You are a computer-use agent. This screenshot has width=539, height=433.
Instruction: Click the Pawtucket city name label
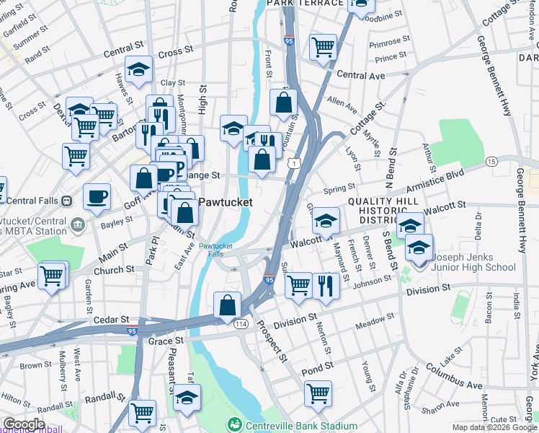coord(225,203)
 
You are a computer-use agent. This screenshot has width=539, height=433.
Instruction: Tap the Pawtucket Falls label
coord(215,250)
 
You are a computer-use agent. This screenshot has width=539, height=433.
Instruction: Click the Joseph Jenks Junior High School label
coord(474,261)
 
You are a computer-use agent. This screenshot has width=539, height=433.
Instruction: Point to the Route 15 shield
coord(491,162)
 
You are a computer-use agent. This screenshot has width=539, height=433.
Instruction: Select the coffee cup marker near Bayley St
coord(97,197)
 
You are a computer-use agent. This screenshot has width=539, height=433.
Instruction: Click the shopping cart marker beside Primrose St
coord(324,47)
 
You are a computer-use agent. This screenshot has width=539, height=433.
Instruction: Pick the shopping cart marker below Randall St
coord(142,413)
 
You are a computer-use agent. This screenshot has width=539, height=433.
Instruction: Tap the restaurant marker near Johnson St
coord(326,286)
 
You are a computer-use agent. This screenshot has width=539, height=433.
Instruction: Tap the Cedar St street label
coord(114,319)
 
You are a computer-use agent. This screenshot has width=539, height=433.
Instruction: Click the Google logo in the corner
coord(24,424)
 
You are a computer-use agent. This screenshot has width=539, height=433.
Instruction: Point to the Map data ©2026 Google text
coord(494,427)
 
